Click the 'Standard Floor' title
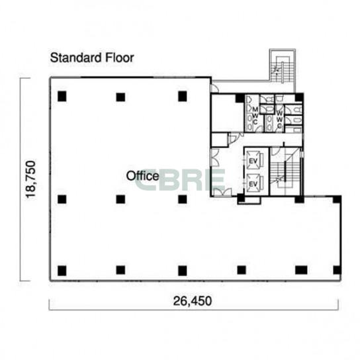pyautogui.click(x=92, y=58)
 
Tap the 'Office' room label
pyautogui.click(x=142, y=176)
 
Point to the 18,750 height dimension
pyautogui.click(x=30, y=179)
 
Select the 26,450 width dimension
pyautogui.click(x=193, y=301)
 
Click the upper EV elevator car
pyautogui.click(x=253, y=161)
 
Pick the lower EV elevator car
pyautogui.click(x=253, y=183)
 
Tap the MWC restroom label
pyautogui.click(x=255, y=115)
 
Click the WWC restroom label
pyautogui.click(x=279, y=120)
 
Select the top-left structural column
pyautogui.click(x=62, y=97)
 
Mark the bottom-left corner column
pyautogui.click(x=62, y=271)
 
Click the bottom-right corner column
pyautogui.click(x=337, y=270)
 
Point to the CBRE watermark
pyautogui.click(x=179, y=179)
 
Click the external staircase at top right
pyautogui.click(x=283, y=67)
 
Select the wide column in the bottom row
pyautogui.click(x=301, y=270)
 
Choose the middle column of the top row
pyautogui.click(x=120, y=97)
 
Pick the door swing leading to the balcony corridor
pyautogui.click(x=215, y=88)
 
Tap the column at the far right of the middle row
pyautogui.click(x=337, y=199)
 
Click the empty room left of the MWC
pyautogui.click(x=227, y=113)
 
